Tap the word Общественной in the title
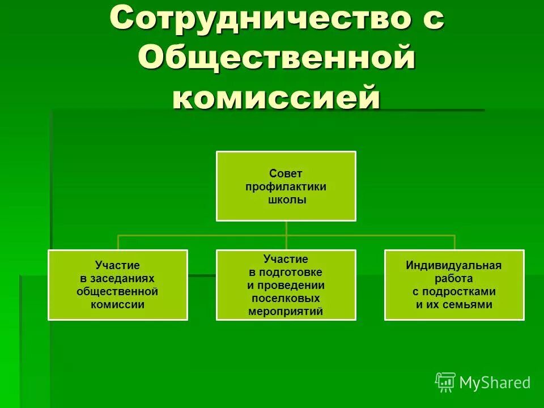point(277,59)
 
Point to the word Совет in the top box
point(286,174)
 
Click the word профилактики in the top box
point(286,186)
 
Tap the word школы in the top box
point(286,199)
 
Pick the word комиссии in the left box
point(117,304)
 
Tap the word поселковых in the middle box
point(286,298)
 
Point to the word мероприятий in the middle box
point(286,311)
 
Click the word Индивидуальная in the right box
point(454,265)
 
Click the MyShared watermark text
point(495,383)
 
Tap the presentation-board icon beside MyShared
point(445,382)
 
